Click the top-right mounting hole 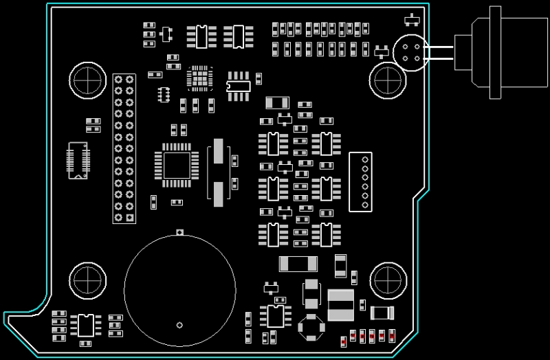387,80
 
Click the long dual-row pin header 124,148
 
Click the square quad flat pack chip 177,165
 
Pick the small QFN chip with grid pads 199,78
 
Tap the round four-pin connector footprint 410,52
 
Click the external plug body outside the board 505,52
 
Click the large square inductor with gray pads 341,305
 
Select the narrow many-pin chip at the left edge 78,160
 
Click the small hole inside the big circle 179,324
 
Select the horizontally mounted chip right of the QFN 239,83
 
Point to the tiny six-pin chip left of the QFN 164,93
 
